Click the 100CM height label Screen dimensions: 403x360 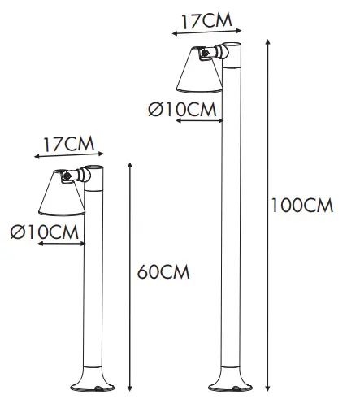pyautogui.click(x=301, y=206)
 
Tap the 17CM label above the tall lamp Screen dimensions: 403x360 pyautogui.click(x=202, y=19)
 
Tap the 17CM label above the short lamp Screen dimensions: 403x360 pyautogui.click(x=67, y=144)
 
